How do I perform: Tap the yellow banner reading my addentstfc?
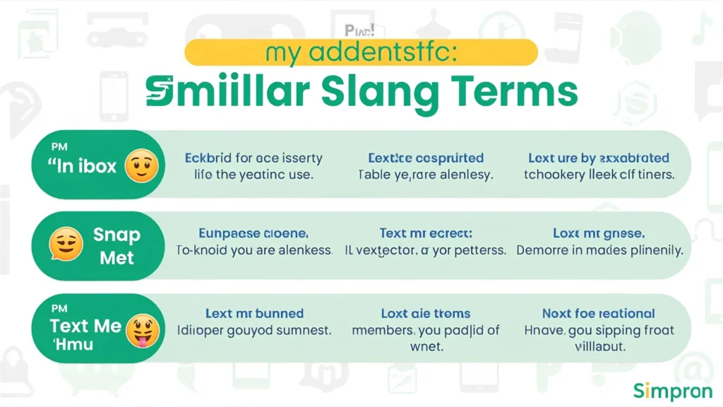[361, 52]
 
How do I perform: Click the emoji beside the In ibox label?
[141, 167]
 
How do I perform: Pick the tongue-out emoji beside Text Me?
[141, 331]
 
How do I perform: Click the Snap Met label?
[116, 246]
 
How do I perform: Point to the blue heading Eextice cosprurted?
[426, 158]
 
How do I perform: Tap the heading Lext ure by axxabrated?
[599, 158]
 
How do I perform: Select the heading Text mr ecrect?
[426, 232]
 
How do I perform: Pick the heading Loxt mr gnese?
[599, 232]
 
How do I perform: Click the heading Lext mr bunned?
[254, 313]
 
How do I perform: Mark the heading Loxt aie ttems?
[426, 313]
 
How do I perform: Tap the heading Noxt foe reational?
[599, 313]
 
